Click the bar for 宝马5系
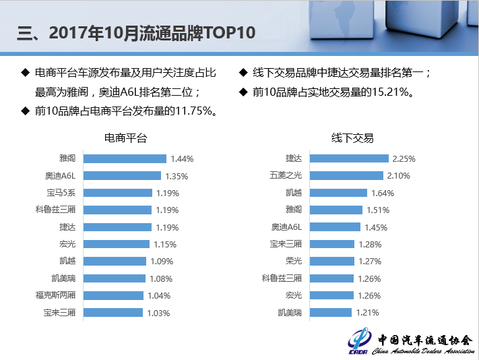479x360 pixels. click(x=118, y=193)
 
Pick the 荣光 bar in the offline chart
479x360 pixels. click(x=330, y=261)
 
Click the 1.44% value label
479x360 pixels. click(x=182, y=159)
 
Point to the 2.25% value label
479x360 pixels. click(x=404, y=159)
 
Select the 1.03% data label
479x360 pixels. click(x=158, y=313)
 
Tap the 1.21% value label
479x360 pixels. click(x=367, y=313)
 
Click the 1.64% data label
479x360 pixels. click(x=383, y=193)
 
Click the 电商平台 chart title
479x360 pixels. click(x=125, y=138)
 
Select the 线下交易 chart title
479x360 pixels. click(x=352, y=138)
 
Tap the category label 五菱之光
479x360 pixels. click(x=286, y=176)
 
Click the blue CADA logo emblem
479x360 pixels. click(x=360, y=341)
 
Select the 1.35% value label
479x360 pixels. click(x=177, y=176)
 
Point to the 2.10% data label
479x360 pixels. click(x=399, y=176)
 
